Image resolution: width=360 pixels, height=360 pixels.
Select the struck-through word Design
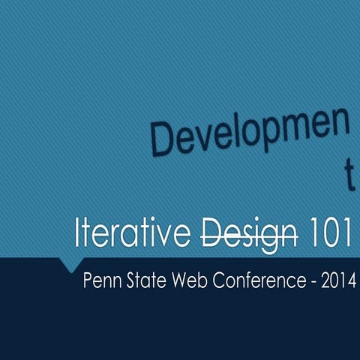point(247,234)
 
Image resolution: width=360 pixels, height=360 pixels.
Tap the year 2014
point(337,283)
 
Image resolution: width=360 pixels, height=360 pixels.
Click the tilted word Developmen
point(250,135)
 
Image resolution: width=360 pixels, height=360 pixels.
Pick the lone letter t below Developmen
point(348,175)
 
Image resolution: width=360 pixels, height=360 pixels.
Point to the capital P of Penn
point(87,283)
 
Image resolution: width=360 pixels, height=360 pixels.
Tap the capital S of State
point(128,283)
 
